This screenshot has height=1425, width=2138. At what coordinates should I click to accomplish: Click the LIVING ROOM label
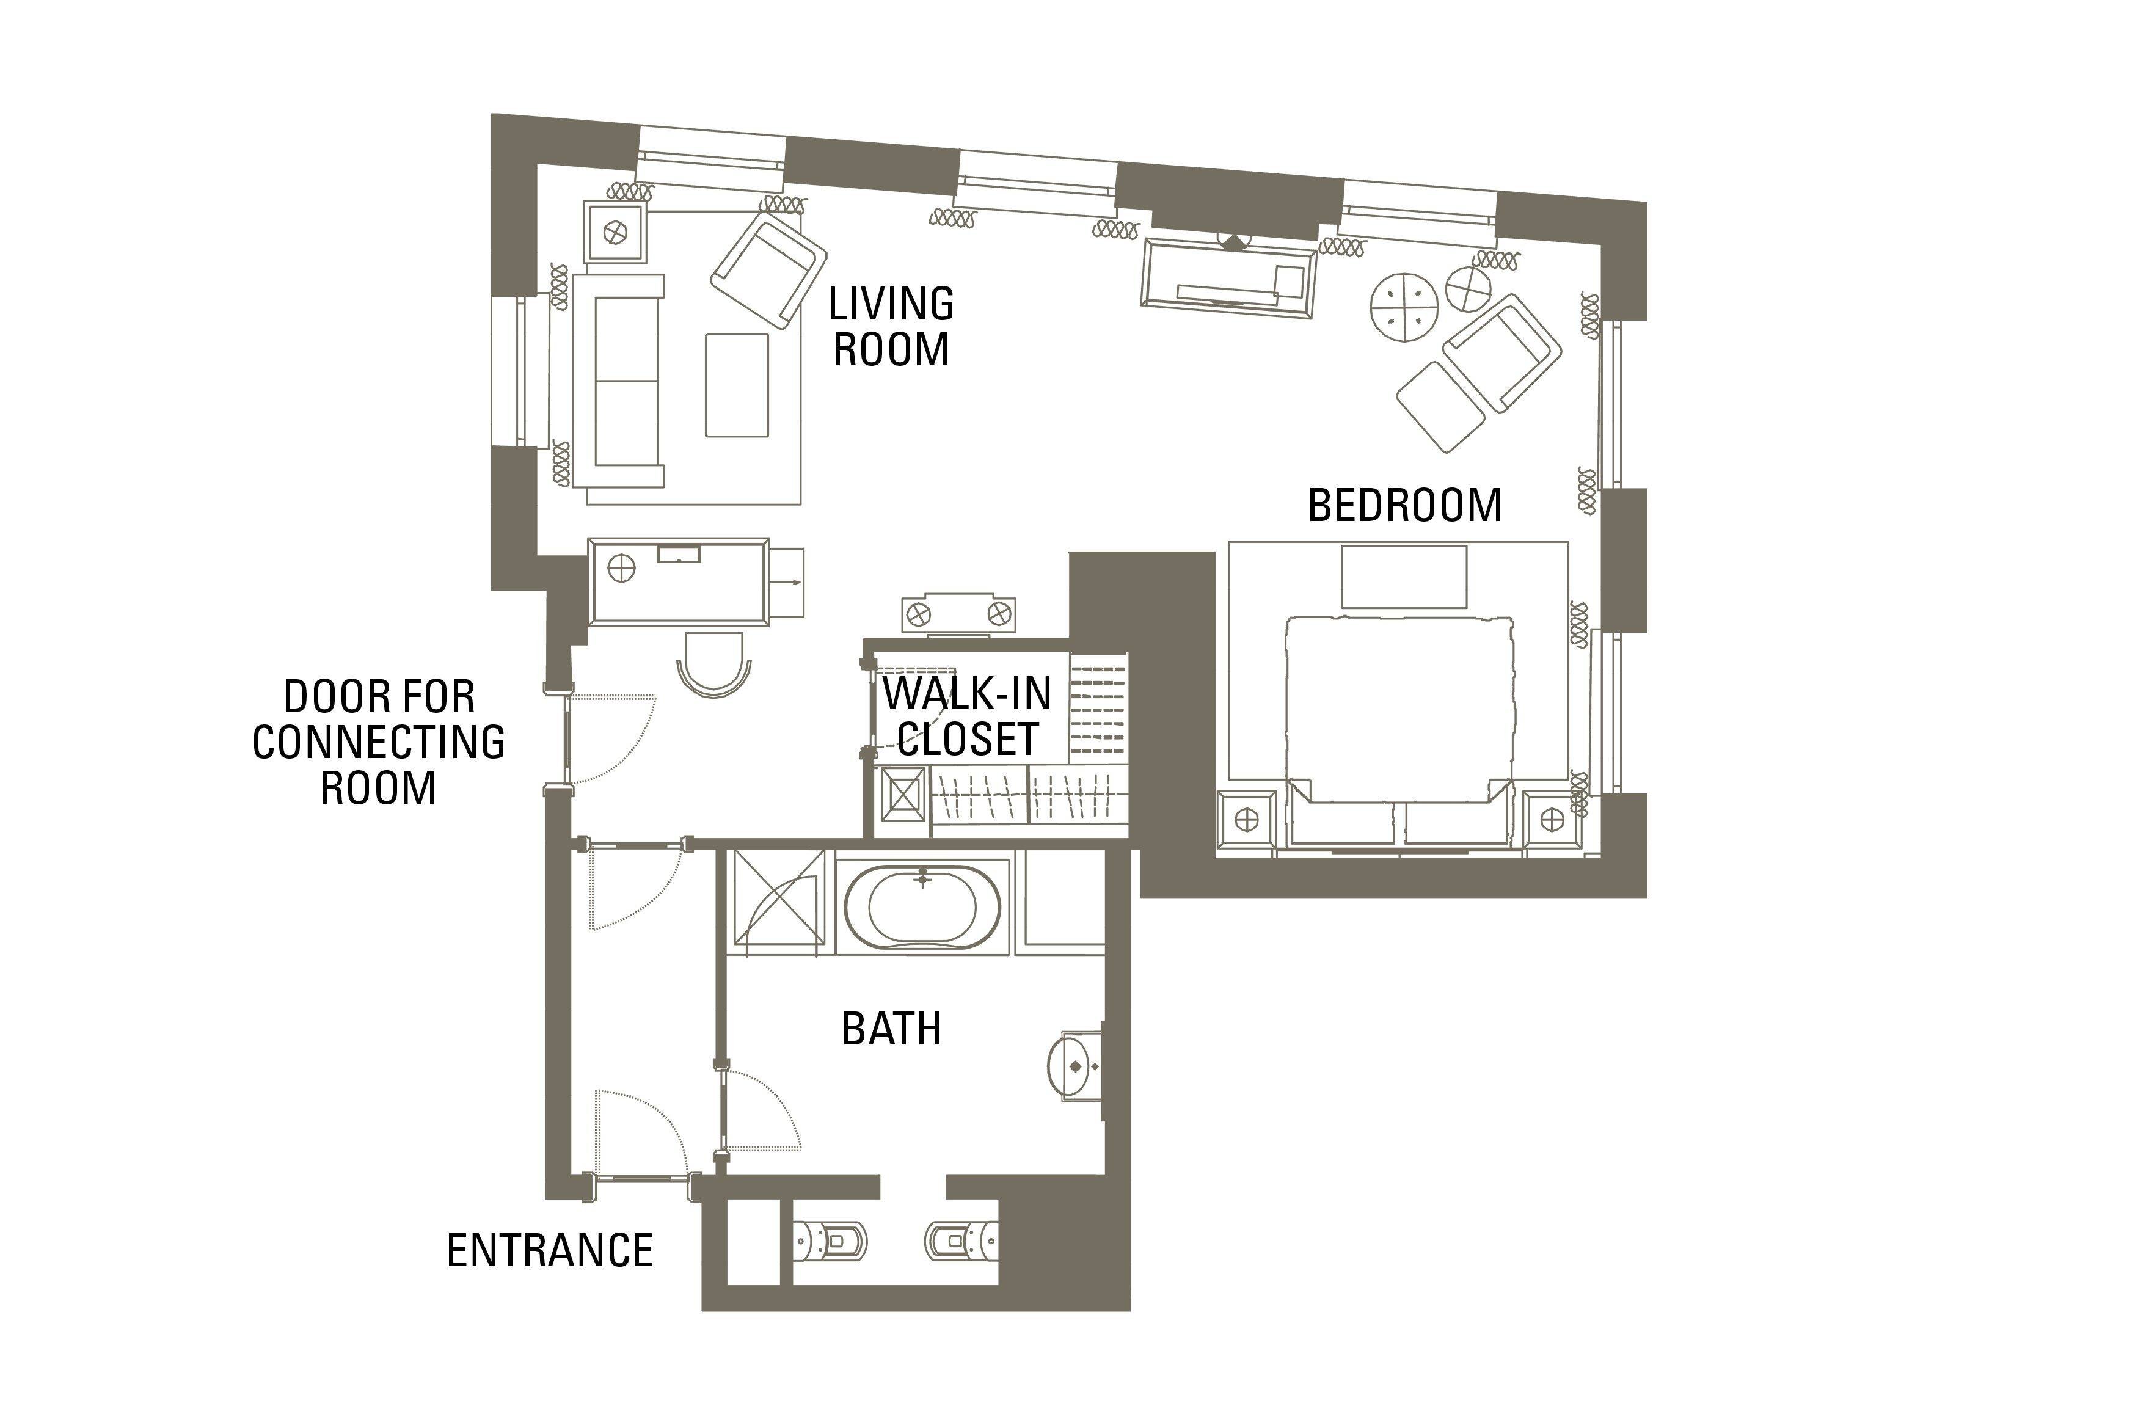(891, 326)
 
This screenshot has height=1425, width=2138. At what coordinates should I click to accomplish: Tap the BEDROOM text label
(1405, 505)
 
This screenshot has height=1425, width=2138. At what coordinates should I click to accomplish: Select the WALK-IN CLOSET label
(968, 716)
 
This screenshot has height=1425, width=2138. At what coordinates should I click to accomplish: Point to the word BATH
(891, 1029)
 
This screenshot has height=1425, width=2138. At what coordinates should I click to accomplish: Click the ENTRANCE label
(550, 1250)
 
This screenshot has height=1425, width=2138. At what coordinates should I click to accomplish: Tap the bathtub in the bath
(922, 907)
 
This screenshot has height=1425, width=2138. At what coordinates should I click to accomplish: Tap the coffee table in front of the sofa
(737, 384)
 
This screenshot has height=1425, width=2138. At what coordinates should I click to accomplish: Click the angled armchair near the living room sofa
(768, 268)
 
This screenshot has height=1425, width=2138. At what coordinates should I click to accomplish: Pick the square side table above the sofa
(616, 233)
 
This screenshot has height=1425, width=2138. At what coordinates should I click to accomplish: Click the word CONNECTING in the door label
(379, 743)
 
